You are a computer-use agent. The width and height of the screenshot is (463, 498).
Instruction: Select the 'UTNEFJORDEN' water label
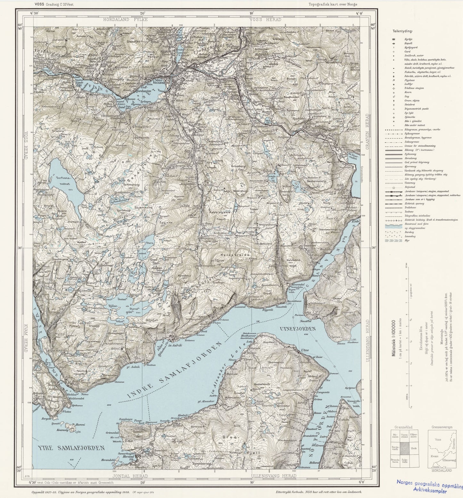(298, 329)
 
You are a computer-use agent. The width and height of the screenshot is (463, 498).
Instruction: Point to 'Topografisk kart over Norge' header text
(333, 4)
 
